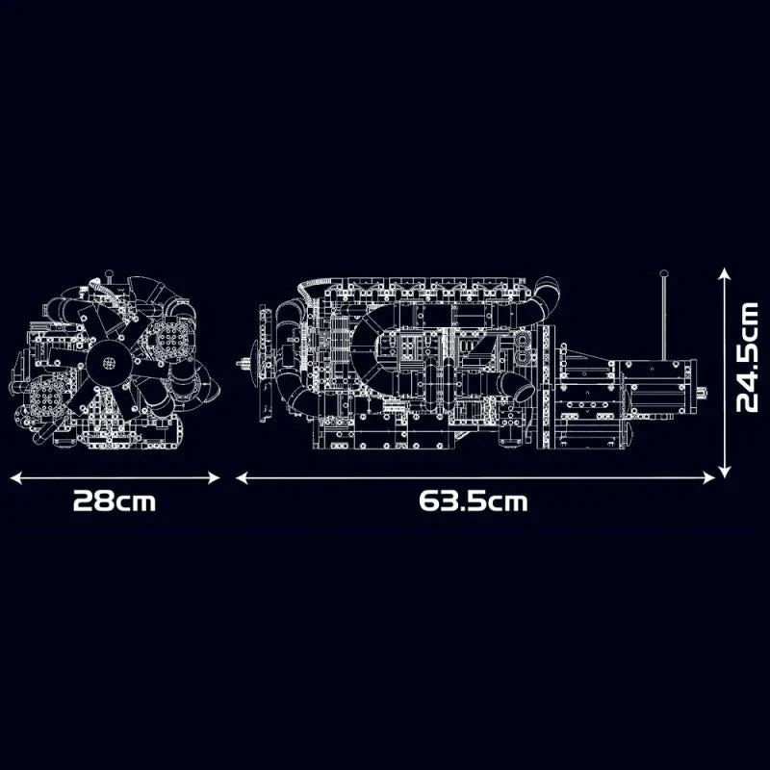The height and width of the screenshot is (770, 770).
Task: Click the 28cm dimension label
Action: [115, 501]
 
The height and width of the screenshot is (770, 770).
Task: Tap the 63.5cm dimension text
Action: [474, 501]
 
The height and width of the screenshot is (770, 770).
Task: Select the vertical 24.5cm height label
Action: [748, 357]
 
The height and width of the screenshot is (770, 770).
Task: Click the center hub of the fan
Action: [109, 363]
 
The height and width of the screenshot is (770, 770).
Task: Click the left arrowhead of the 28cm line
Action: [14, 476]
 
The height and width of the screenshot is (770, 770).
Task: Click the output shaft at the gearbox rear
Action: [702, 392]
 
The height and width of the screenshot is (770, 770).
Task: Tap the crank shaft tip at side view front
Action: [244, 363]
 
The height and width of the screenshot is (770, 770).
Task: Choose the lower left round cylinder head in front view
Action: [44, 394]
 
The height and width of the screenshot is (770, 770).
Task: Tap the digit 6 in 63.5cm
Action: [426, 501]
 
